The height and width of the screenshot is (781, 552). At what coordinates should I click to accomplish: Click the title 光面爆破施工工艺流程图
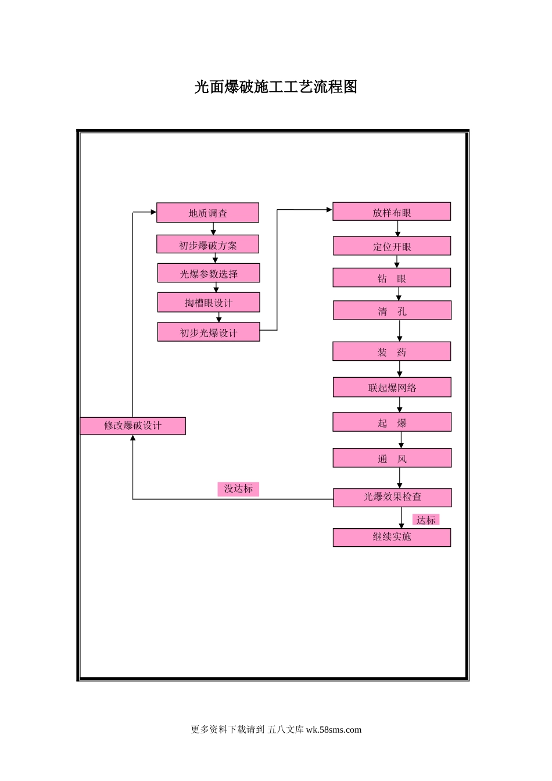(275, 87)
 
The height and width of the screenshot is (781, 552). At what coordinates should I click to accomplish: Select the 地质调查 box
(207, 213)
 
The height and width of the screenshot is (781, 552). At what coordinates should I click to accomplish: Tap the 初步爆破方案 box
(207, 245)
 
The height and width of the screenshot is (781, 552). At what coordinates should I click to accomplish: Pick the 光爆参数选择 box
(209, 273)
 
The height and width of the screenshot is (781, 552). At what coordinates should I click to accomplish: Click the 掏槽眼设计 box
(209, 302)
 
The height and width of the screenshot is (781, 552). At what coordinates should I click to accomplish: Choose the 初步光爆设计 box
(209, 332)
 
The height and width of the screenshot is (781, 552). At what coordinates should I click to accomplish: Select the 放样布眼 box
(392, 212)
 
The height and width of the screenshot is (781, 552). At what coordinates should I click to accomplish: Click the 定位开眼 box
(392, 246)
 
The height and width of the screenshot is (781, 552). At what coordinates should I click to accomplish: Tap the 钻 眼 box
(392, 278)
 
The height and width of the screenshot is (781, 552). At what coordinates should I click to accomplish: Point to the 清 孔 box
(392, 311)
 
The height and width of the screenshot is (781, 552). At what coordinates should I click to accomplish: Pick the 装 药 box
(392, 352)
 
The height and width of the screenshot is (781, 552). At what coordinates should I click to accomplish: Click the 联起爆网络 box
(392, 388)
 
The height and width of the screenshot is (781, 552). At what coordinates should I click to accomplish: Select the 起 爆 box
(392, 422)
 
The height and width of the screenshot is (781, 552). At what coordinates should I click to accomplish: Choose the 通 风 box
(392, 458)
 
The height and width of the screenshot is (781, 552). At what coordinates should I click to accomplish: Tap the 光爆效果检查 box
(392, 497)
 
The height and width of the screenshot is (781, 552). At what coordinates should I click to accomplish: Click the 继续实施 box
(392, 538)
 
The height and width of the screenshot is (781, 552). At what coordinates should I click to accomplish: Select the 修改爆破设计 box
(132, 426)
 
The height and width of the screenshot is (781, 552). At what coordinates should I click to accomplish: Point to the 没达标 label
(238, 489)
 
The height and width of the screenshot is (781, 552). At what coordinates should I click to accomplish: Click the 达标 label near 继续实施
(426, 520)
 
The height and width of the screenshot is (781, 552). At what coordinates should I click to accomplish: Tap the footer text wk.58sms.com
(334, 730)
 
